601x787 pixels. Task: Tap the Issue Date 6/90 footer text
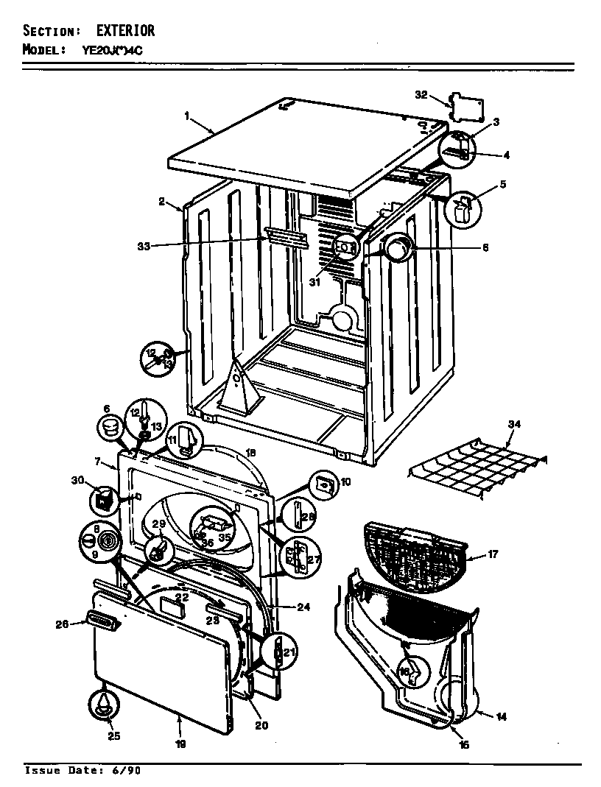82,771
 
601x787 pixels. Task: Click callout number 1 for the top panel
187,116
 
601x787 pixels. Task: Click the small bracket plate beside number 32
467,108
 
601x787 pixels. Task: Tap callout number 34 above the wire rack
513,424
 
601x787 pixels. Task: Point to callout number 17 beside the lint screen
493,554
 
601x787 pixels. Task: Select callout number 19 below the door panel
180,744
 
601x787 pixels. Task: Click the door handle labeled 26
103,622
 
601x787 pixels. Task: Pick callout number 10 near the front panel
345,482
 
